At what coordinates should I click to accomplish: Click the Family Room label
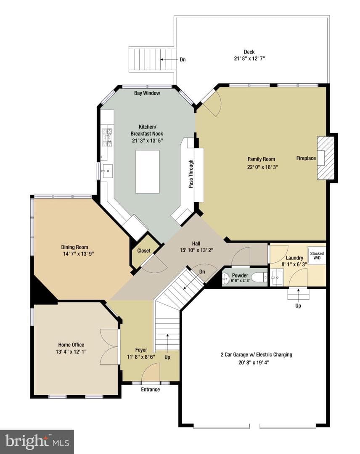click(x=261, y=159)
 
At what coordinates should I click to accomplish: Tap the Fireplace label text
click(x=306, y=158)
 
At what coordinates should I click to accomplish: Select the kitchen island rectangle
click(x=148, y=172)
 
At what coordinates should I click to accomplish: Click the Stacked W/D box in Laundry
click(x=317, y=256)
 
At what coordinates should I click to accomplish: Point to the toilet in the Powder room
click(x=259, y=278)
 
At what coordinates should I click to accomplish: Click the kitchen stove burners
click(x=107, y=137)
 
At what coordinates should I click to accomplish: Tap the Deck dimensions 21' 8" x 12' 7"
click(x=249, y=58)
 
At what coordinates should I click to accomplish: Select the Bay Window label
click(x=147, y=93)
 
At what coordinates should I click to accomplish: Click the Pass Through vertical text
click(x=191, y=174)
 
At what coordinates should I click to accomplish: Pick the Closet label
click(x=144, y=251)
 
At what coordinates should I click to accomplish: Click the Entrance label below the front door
click(x=150, y=389)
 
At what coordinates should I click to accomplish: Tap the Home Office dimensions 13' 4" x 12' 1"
click(x=71, y=351)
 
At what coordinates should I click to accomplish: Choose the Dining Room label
click(x=74, y=247)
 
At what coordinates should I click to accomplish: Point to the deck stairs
click(x=152, y=59)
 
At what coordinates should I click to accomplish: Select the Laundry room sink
click(x=276, y=278)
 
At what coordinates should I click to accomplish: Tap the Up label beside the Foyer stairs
click(x=167, y=357)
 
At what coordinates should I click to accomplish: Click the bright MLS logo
click(x=37, y=442)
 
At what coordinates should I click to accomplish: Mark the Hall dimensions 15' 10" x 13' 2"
click(x=196, y=250)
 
